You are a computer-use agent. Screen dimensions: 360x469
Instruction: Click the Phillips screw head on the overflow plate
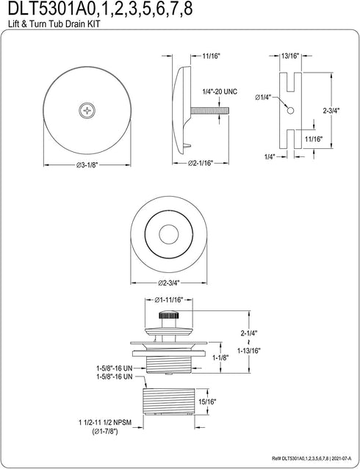[87, 111]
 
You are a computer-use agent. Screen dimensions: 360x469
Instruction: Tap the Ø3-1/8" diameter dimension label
[87, 164]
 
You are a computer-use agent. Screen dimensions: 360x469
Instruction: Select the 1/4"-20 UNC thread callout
[219, 92]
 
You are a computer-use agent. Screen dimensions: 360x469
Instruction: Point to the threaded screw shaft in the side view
[210, 111]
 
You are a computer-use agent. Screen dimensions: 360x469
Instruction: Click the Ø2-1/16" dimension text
[201, 163]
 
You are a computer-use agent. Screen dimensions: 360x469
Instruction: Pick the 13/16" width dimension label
[290, 56]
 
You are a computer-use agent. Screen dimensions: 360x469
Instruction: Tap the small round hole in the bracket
[290, 111]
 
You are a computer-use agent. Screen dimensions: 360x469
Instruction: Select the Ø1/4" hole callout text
[263, 97]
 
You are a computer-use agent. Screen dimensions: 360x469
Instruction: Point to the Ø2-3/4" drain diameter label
[169, 283]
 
